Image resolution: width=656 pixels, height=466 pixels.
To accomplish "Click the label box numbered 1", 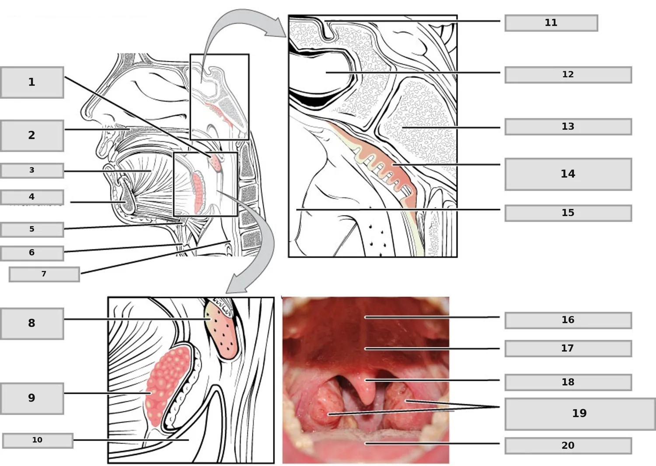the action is point(32,82).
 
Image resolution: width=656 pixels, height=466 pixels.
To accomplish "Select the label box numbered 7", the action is point(44,274).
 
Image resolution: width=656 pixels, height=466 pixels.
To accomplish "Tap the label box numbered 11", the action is point(551,23).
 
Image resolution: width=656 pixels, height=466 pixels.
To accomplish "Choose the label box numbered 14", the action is point(568,174).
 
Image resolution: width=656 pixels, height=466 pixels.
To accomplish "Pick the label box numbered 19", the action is point(580,414).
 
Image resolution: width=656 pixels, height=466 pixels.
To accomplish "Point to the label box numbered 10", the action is point(38,441).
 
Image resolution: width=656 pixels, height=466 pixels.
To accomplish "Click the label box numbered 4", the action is point(32,197).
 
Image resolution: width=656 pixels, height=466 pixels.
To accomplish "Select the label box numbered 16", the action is point(568,320).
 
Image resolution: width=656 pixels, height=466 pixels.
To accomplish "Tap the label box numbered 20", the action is point(568,445).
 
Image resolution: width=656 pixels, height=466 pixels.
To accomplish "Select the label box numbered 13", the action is point(568,127).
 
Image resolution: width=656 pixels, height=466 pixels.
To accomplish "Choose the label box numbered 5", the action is point(32,230).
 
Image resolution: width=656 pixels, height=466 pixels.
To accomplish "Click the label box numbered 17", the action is point(568,348).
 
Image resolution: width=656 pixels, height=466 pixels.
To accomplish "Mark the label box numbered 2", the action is point(32,136).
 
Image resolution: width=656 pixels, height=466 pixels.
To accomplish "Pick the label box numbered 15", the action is point(568,213).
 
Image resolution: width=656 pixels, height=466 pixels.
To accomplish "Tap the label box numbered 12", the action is point(568,75).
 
